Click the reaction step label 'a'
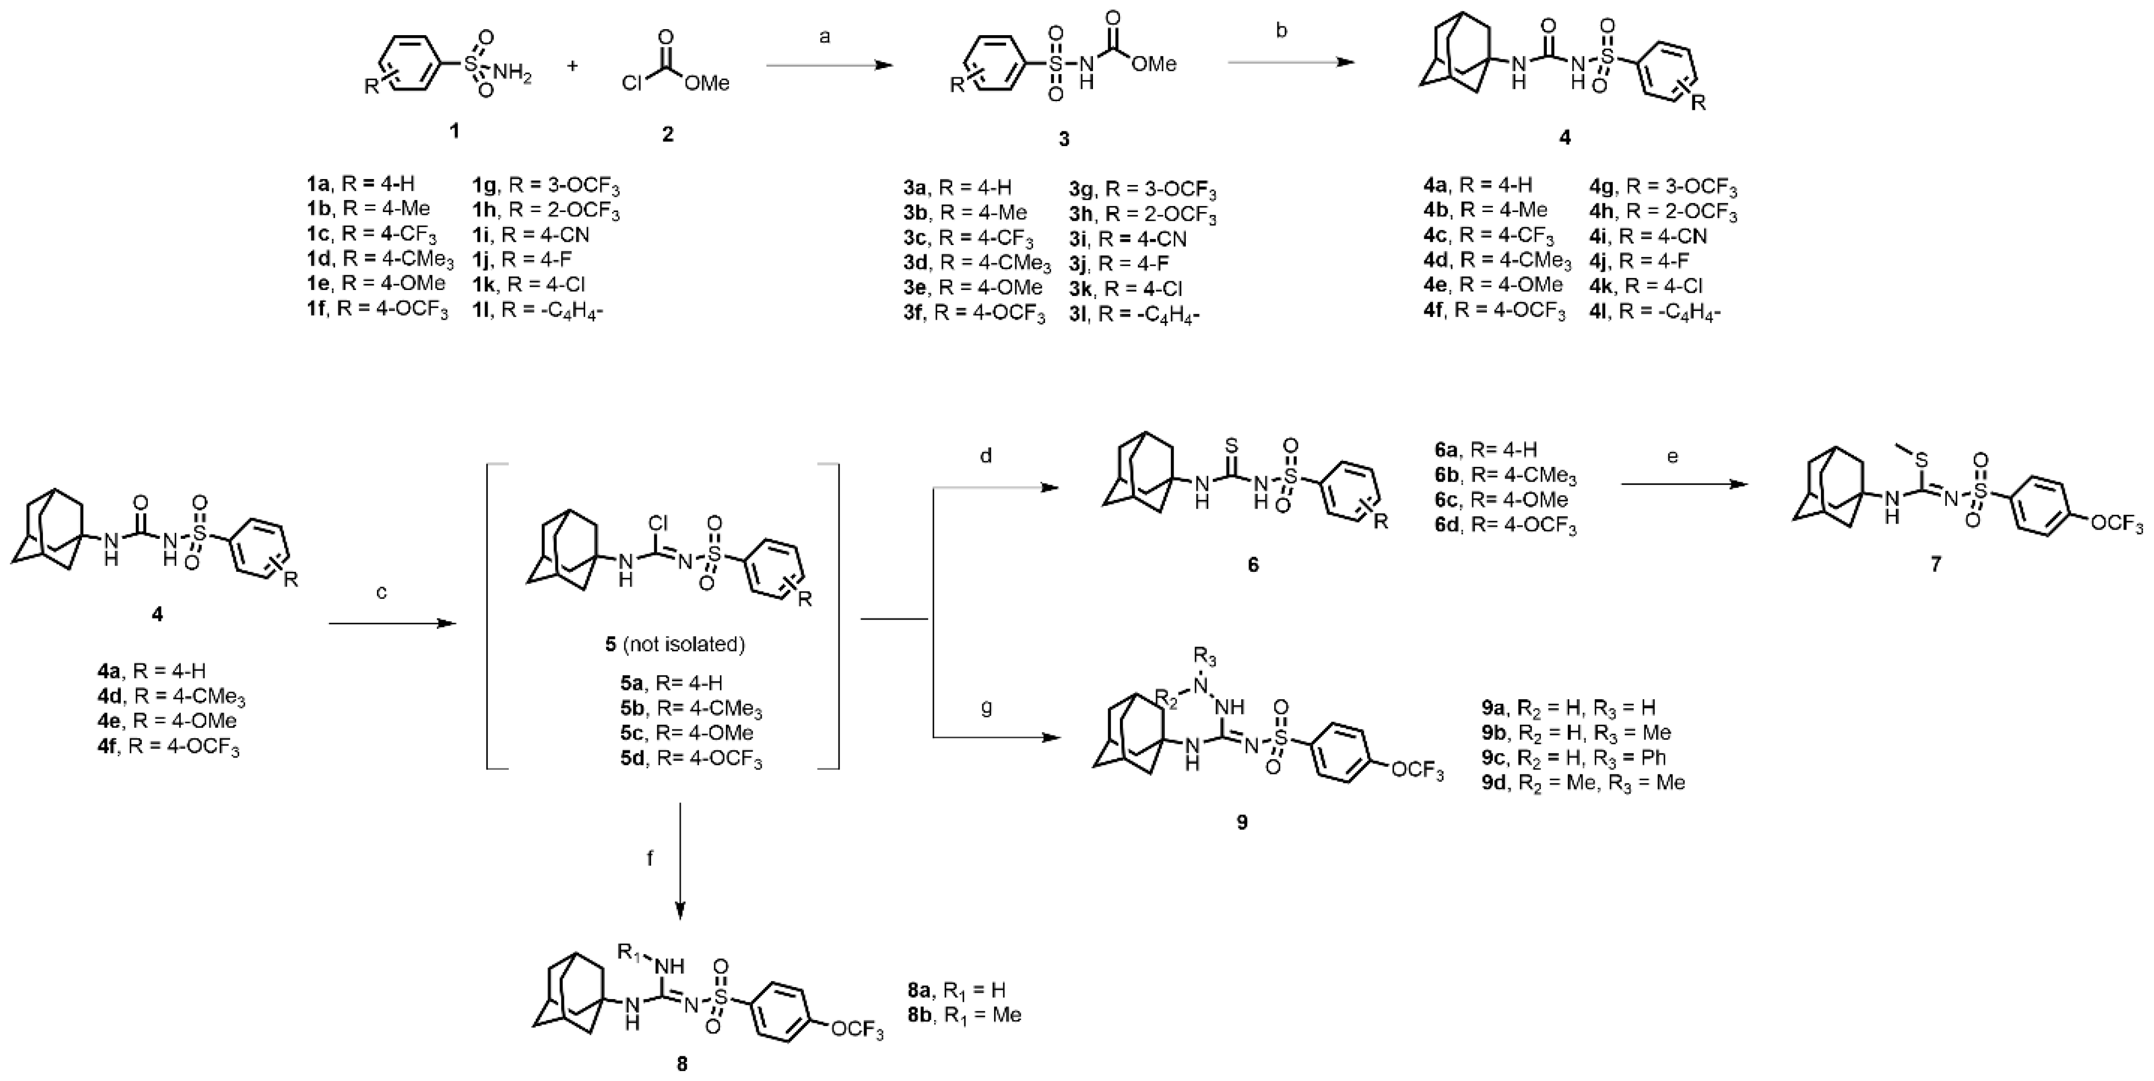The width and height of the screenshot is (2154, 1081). pos(825,37)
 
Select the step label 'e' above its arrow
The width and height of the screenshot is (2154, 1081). pos(1672,456)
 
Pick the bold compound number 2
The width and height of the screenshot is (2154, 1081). pos(667,134)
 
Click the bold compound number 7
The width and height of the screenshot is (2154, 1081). pos(1936,564)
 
